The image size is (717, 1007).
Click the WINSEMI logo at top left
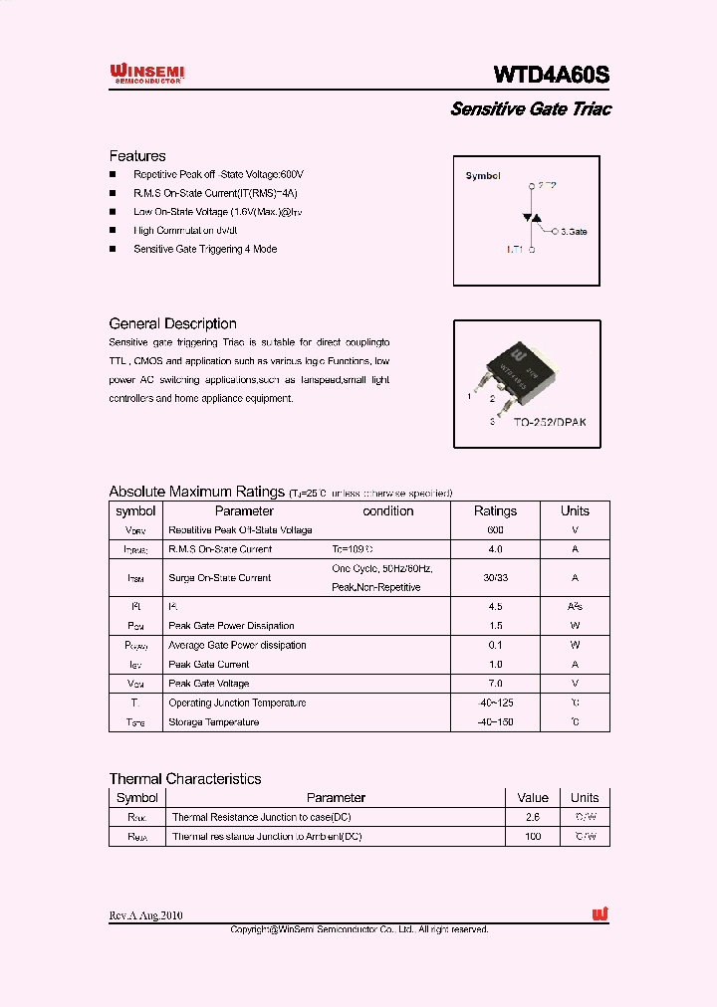point(146,74)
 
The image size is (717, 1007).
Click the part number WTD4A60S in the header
point(552,76)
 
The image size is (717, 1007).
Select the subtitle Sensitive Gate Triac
point(530,109)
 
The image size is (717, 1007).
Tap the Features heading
point(137,156)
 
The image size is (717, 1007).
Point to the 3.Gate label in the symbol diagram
point(573,231)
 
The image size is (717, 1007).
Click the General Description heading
point(172,323)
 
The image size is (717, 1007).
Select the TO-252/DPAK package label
point(550,422)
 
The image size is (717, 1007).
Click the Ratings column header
point(495,510)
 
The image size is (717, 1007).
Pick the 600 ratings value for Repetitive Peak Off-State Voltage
point(495,530)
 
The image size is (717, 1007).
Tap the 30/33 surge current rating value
point(495,577)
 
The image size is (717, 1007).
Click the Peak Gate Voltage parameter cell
point(209,684)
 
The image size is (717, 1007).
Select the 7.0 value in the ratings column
point(495,684)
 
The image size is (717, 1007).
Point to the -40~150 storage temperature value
point(495,721)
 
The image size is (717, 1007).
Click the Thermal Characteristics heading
point(185,779)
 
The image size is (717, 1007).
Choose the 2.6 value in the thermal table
point(533,817)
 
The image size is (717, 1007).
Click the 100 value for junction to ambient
point(533,837)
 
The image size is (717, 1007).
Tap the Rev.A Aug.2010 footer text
point(145,915)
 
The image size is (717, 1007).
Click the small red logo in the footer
point(599,914)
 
